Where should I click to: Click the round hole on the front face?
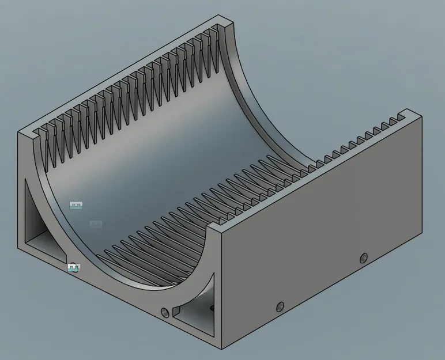(x=165, y=313)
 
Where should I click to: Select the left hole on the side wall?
(x=280, y=306)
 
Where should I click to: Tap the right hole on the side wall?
(x=363, y=257)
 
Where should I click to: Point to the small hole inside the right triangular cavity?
(x=211, y=309)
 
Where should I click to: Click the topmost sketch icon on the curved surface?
(x=76, y=205)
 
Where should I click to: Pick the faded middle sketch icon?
(x=96, y=224)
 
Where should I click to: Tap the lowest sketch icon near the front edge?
(x=74, y=268)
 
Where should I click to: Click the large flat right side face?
(x=323, y=242)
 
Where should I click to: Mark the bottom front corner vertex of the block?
(x=222, y=349)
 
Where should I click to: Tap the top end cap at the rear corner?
(x=226, y=23)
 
